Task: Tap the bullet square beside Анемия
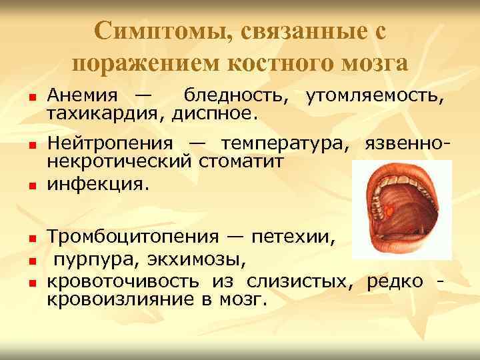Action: pos(31,99)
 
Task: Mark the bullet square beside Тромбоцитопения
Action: pos(31,238)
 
